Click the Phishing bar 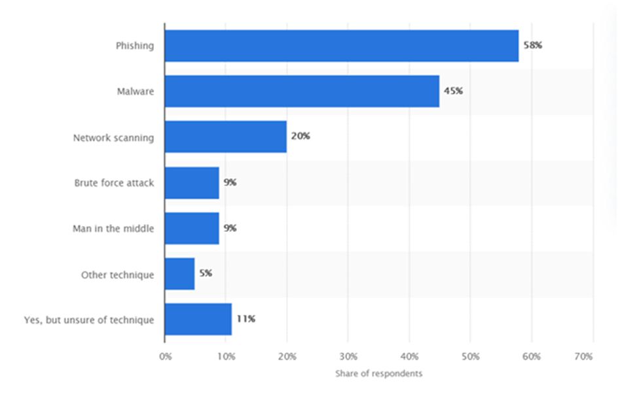pos(341,46)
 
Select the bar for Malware pos(302,92)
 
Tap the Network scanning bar pos(225,137)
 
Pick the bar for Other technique pos(179,274)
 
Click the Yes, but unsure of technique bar pos(198,320)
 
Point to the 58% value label pos(533,46)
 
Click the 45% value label pos(453,92)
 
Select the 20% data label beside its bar pos(300,137)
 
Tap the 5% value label pos(206,274)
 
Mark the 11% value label pos(246,320)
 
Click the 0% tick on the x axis pos(165,357)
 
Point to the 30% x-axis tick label pos(348,357)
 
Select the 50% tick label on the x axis pos(471,357)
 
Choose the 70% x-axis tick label pos(583,357)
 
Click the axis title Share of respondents pos(378,374)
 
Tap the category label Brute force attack pos(114,183)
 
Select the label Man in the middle pos(113,229)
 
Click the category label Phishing pos(135,46)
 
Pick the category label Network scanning pos(113,137)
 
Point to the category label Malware pos(136,92)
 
